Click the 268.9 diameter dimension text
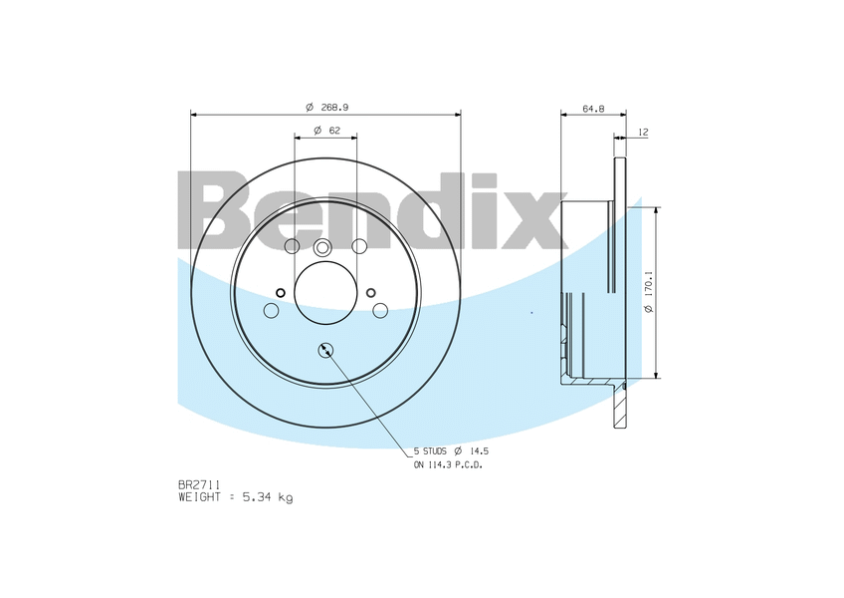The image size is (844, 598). point(333,105)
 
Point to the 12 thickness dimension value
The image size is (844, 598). point(643,132)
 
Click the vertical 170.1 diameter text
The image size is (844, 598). point(648,292)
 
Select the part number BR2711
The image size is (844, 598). point(199,484)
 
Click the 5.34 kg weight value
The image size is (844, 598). point(267,496)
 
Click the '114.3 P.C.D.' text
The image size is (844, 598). point(456,464)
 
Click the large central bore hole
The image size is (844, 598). point(325,293)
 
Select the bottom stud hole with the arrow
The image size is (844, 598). point(325,349)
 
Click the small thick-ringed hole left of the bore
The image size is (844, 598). point(280,292)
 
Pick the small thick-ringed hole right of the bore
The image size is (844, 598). point(370,292)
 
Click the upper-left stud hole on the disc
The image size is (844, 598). point(292,246)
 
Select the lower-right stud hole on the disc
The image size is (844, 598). point(380,311)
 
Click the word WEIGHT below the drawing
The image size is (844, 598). point(199,496)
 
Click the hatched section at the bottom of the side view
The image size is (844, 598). point(619,403)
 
